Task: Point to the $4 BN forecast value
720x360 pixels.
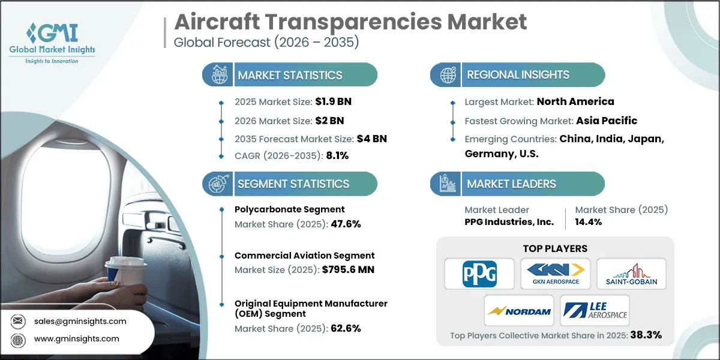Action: [x=371, y=138]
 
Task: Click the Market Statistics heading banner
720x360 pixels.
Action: [x=290, y=75]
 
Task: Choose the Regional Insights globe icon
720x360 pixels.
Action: [x=447, y=75]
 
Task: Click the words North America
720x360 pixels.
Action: [x=575, y=101]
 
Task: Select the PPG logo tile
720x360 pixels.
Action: [x=479, y=274]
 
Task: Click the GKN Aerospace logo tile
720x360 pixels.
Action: [x=555, y=274]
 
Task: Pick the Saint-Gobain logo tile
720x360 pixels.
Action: [x=631, y=274]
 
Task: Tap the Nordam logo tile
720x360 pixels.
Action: [x=519, y=310]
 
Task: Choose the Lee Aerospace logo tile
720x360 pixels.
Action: [x=594, y=310]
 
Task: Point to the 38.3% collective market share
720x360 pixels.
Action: [x=645, y=335]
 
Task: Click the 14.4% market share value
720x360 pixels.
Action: [x=589, y=222]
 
